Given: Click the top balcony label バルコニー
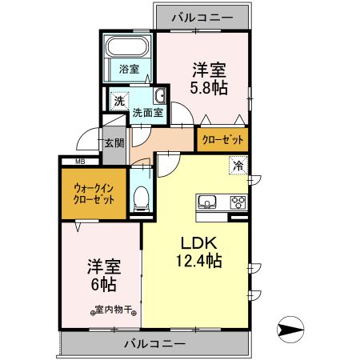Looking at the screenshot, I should pyautogui.click(x=201, y=14).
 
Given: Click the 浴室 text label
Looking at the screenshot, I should pyautogui.click(x=129, y=69).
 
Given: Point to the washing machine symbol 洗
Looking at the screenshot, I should pyautogui.click(x=118, y=102).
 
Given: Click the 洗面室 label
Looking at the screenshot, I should pyautogui.click(x=147, y=114).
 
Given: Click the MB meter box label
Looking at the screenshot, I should pyautogui.click(x=80, y=162).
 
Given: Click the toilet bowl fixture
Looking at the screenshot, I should pyautogui.click(x=141, y=196).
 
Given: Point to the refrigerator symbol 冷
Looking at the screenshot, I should pyautogui.click(x=238, y=166).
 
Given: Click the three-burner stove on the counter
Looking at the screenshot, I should pyautogui.click(x=238, y=201).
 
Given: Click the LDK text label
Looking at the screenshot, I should pyautogui.click(x=195, y=243).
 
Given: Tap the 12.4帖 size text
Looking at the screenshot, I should pyautogui.click(x=195, y=261).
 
